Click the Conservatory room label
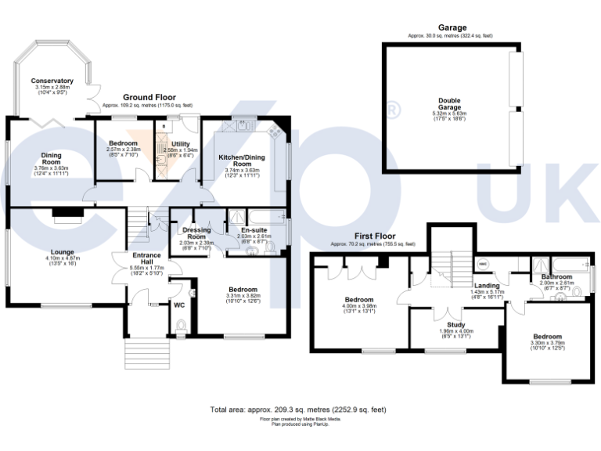[52, 81]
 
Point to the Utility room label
[182, 144]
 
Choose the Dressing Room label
[196, 233]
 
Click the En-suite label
[254, 229]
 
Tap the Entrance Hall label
[146, 258]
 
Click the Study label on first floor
[456, 324]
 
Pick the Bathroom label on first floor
[556, 276]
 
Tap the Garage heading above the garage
[452, 28]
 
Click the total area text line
[297, 410]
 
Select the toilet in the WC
[181, 325]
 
